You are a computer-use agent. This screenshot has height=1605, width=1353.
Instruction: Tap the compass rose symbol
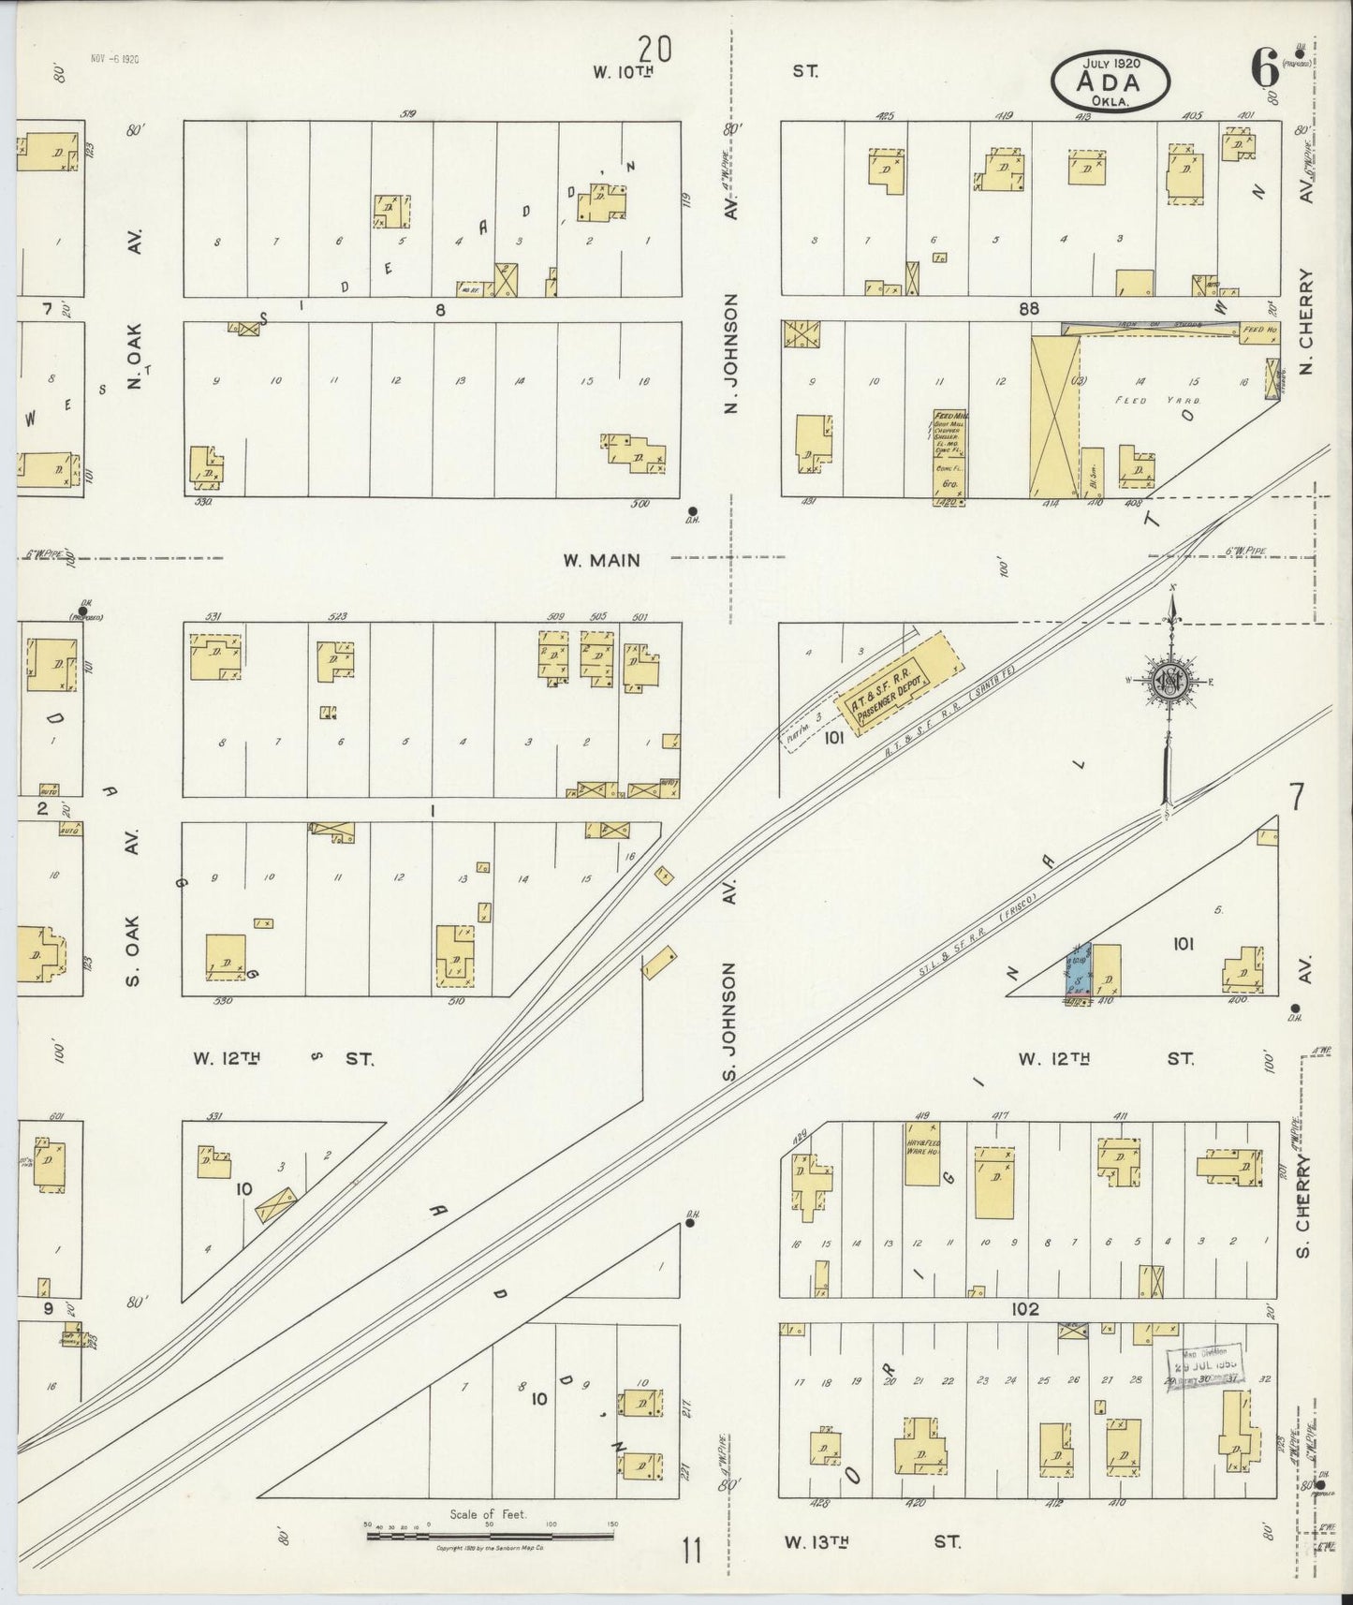1170,681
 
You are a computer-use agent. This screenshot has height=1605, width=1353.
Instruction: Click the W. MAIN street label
601,561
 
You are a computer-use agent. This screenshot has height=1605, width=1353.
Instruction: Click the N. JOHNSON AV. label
731,352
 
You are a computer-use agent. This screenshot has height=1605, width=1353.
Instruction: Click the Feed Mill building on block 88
949,454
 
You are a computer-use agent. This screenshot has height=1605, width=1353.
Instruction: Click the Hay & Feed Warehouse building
922,1153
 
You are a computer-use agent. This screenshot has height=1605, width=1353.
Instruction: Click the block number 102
1024,1309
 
